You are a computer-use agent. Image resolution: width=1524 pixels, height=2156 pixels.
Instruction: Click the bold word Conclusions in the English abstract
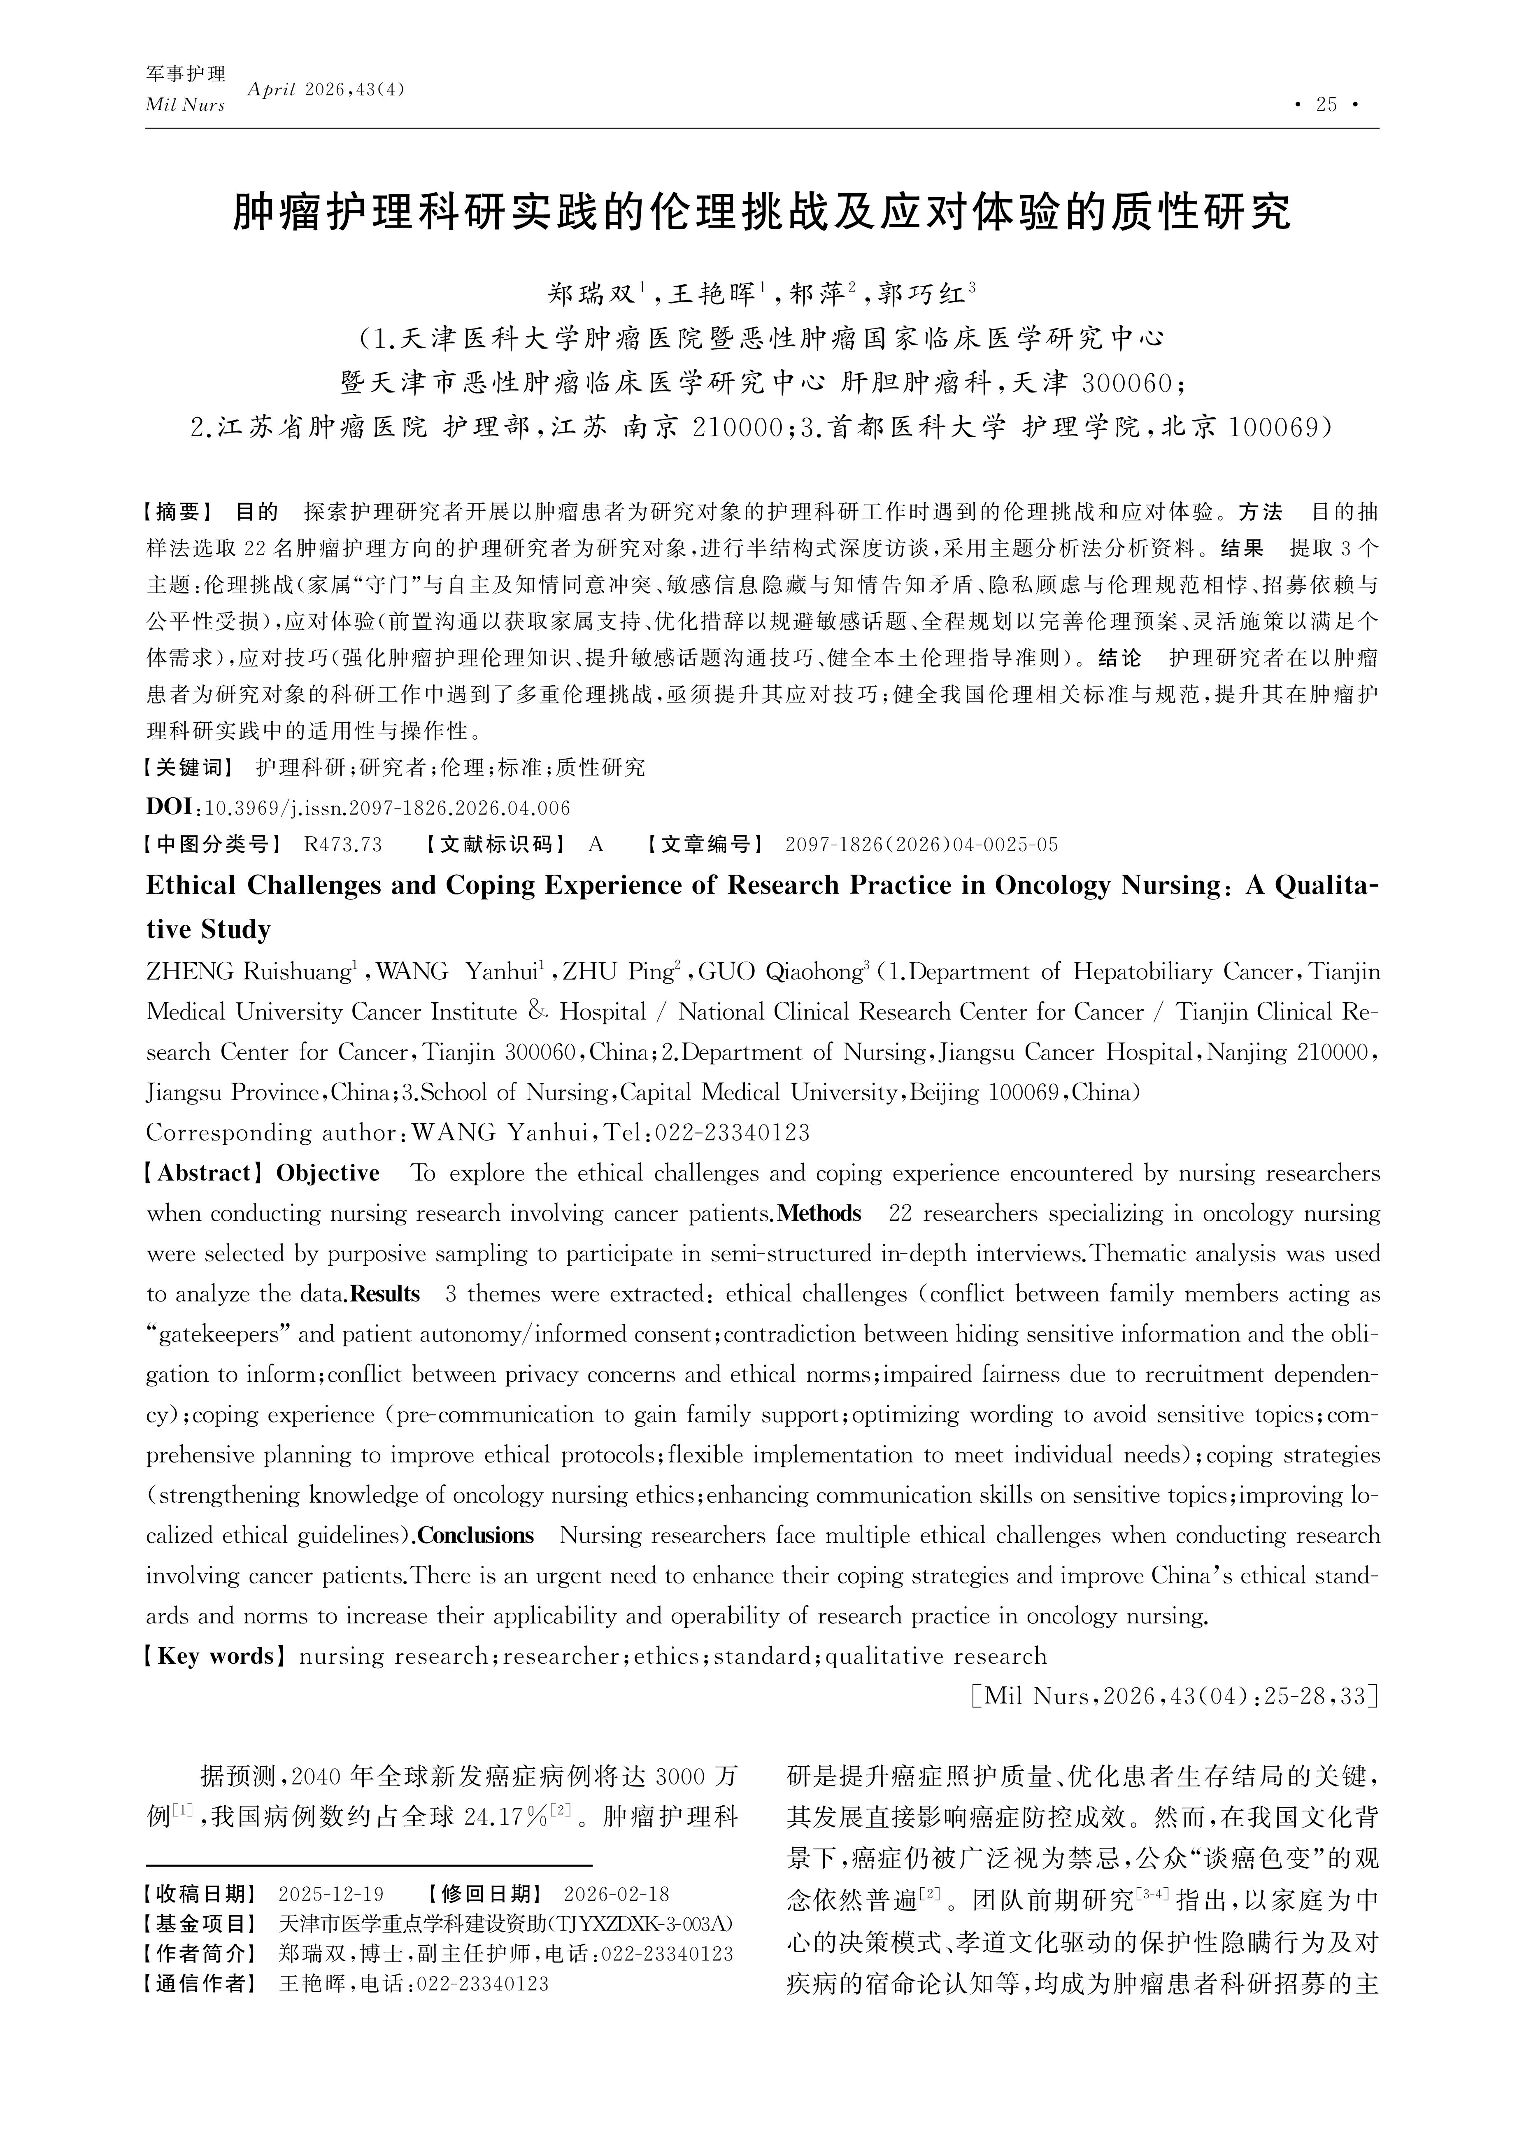click(x=475, y=1535)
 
